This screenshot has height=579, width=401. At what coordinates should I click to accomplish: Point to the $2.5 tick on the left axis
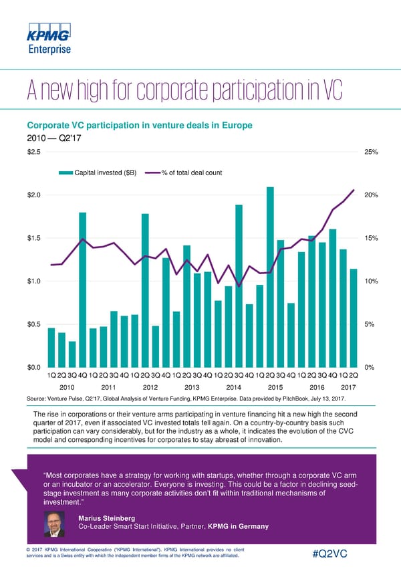pos(33,152)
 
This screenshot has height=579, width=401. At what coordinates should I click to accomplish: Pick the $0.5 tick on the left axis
pos(33,324)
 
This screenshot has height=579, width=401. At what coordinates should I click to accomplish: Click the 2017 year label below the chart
pos(348,387)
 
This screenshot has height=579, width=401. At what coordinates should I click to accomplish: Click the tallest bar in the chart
pos(270,277)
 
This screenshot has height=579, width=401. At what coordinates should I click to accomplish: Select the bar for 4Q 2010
pos(83,289)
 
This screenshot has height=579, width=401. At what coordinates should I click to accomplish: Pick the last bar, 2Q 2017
pos(354,318)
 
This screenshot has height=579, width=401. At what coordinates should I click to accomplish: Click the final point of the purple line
pos(354,191)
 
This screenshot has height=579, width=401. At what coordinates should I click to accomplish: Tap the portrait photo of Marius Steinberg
pos(55,524)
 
